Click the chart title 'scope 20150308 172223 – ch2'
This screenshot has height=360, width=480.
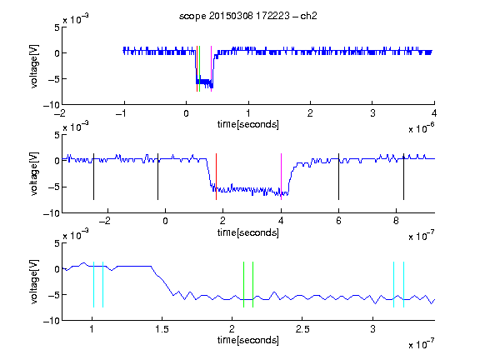[x=248, y=16]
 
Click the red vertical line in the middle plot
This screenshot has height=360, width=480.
[x=216, y=177]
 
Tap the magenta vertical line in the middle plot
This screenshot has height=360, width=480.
[x=281, y=177]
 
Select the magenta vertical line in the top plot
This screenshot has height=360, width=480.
[x=211, y=68]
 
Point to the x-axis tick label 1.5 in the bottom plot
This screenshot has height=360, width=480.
[x=162, y=329]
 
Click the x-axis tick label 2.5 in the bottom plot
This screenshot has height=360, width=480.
[x=302, y=329]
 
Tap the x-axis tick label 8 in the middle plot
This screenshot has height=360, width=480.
[x=396, y=221]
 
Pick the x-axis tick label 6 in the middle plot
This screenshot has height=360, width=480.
[x=338, y=221]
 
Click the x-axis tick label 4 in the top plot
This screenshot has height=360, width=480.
[x=434, y=113]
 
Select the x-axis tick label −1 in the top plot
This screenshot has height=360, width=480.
[x=121, y=113]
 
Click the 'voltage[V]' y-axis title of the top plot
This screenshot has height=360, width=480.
[x=34, y=67]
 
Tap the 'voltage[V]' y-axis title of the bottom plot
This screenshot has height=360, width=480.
[x=34, y=282]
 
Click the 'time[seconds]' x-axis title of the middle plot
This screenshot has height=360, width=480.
[x=248, y=232]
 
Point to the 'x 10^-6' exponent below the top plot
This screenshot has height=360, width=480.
[x=422, y=128]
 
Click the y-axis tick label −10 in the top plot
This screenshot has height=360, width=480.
[x=52, y=105]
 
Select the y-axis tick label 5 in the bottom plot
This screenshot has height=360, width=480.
[x=57, y=243]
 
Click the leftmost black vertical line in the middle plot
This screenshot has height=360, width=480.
[x=93, y=177]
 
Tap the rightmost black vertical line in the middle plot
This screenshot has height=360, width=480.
[x=403, y=177]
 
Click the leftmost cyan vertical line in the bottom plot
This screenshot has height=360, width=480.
[x=93, y=284]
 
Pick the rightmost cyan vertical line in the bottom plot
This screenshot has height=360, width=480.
[x=403, y=284]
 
